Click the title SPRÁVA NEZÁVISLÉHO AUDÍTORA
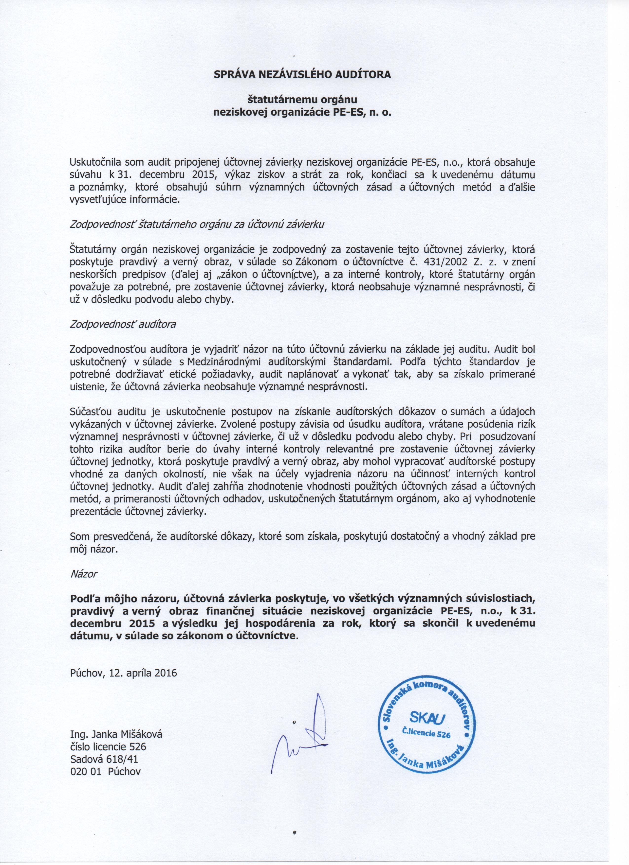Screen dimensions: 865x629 tap(302, 75)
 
